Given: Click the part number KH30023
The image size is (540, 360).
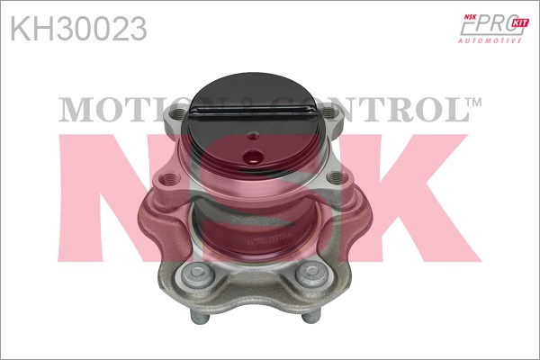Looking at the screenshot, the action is point(79,29).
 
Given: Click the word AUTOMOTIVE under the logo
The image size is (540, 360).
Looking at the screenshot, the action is point(490,41).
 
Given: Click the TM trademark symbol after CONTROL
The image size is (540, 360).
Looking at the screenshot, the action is point(475,102).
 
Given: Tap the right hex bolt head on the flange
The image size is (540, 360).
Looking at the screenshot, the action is point(311,274).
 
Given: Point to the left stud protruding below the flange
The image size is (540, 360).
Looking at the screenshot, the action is point(199,316).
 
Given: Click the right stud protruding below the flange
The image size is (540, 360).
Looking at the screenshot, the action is point(311,316).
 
